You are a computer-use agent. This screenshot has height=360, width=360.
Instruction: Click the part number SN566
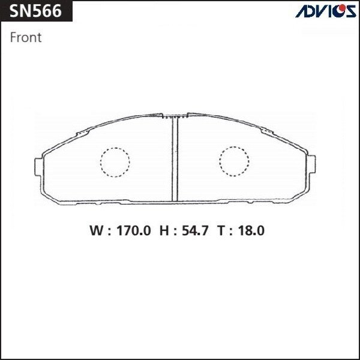click(35, 11)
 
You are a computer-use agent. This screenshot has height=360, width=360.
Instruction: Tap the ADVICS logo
click(326, 11)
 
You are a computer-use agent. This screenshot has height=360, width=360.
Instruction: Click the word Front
click(26, 37)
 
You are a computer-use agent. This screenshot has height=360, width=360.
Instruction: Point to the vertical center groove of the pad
click(175, 159)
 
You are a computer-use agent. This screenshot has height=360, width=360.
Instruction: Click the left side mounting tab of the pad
click(38, 167)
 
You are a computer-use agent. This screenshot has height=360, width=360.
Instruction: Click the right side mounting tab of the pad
click(311, 164)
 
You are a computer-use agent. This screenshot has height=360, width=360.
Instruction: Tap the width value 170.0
click(134, 230)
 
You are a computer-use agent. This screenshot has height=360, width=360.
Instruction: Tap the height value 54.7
click(195, 230)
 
